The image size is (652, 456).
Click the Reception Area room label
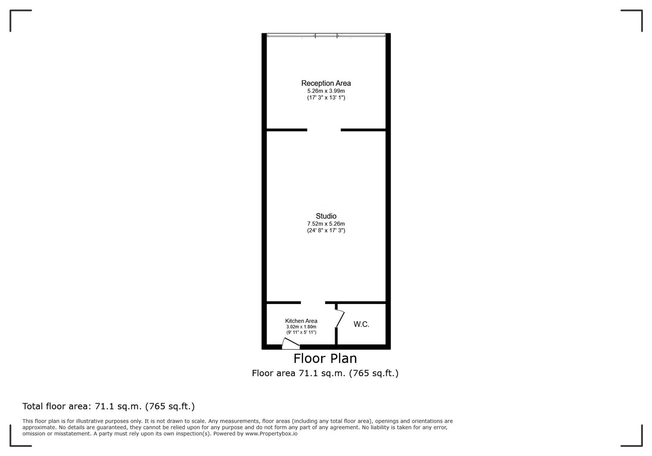click(326, 83)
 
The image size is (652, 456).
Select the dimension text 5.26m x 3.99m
click(326, 91)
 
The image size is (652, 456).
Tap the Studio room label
click(326, 216)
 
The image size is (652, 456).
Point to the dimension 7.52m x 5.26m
click(326, 224)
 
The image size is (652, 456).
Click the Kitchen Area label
click(301, 321)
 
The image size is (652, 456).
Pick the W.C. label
click(361, 324)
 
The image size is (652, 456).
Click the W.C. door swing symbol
click(340, 318)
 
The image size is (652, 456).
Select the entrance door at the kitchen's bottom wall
click(291, 344)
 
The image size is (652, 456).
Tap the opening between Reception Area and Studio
click(324, 130)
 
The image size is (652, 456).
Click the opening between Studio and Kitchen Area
click(313, 302)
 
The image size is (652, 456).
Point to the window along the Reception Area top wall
click(326, 35)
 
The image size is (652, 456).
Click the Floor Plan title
click(325, 358)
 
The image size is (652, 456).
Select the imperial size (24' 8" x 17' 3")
click(326, 231)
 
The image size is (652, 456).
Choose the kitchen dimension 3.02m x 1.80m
click(301, 327)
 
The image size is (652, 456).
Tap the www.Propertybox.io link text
click(271, 434)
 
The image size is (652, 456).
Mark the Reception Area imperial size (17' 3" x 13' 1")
click(326, 98)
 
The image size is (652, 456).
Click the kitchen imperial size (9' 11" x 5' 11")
click(301, 332)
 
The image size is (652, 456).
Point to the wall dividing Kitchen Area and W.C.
click(336, 336)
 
